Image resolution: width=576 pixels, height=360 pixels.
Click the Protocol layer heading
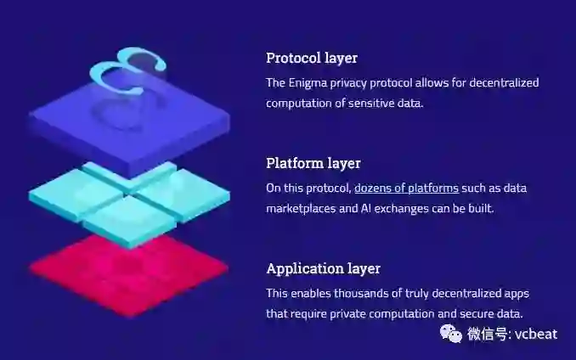312,59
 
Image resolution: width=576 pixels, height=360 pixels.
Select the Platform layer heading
313,163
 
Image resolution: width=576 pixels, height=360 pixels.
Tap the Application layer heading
323,268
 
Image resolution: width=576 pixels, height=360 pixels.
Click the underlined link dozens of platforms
406,188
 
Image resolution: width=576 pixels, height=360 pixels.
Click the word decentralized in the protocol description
501,82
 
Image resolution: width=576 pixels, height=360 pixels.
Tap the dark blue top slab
127,127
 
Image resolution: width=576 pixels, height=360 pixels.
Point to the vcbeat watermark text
536,334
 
